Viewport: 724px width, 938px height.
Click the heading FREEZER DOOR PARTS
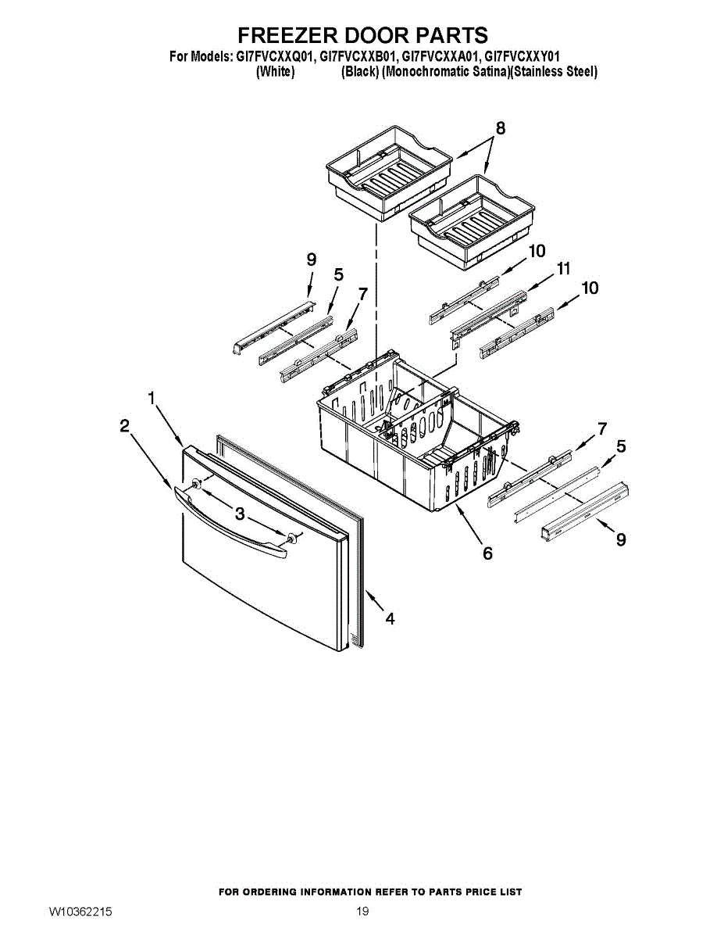(362, 35)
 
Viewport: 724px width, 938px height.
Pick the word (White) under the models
(276, 72)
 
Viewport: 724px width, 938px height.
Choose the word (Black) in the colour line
(359, 72)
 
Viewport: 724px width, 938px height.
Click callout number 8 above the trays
(500, 129)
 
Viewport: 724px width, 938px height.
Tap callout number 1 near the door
(152, 399)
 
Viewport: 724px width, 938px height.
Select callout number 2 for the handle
(124, 426)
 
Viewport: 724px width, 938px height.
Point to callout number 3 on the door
(241, 514)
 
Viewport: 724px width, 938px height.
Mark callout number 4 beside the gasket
(389, 619)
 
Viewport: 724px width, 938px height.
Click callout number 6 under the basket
(487, 553)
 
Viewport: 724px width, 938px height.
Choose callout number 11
(563, 269)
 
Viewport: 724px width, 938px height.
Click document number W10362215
(80, 911)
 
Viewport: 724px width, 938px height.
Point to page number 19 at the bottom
(362, 911)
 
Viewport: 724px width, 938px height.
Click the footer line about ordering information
(370, 892)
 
